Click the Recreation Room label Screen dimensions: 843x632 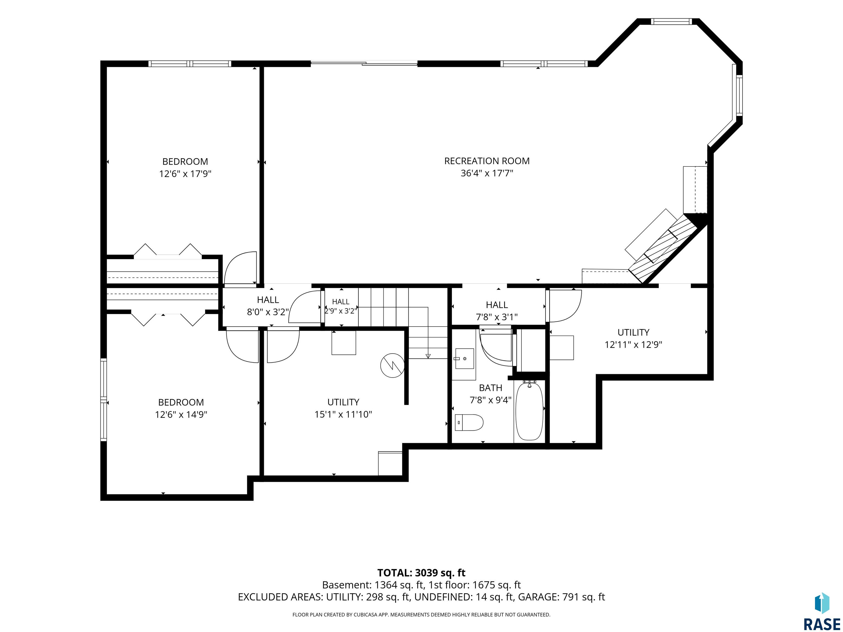point(487,161)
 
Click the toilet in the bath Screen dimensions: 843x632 point(469,422)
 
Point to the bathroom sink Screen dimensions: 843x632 point(465,359)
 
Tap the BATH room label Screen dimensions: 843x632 point(490,388)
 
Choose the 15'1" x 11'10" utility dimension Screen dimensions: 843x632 point(343,414)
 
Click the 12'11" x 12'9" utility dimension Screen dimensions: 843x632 point(633,345)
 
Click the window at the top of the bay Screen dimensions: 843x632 point(671,21)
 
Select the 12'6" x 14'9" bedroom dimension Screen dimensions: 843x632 point(181,414)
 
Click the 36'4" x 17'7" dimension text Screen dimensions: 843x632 point(487,173)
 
